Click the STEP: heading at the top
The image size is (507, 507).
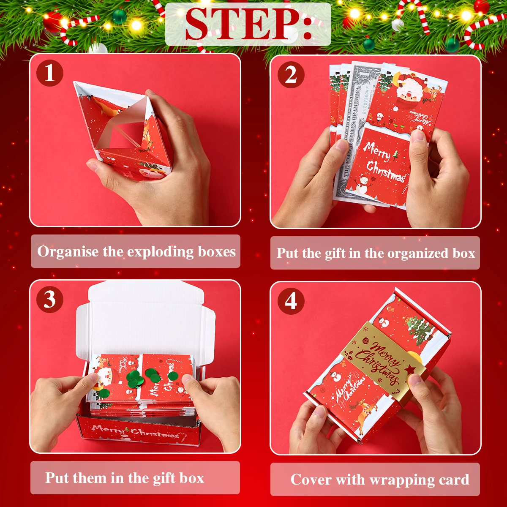click(x=248, y=24)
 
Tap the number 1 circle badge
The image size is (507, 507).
click(x=50, y=73)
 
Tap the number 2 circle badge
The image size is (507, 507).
click(x=291, y=75)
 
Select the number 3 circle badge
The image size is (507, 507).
click(x=50, y=300)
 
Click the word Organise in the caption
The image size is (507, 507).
click(x=68, y=252)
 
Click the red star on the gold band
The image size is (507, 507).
click(x=409, y=370)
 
